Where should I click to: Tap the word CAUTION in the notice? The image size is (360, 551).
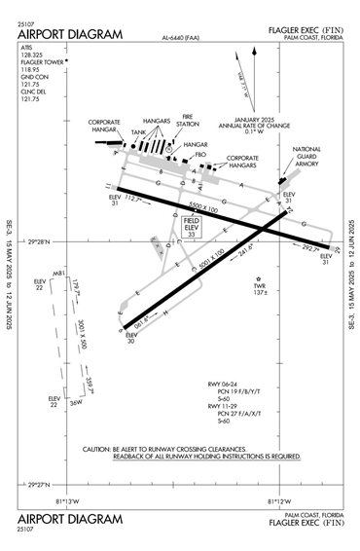click(x=102, y=449)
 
